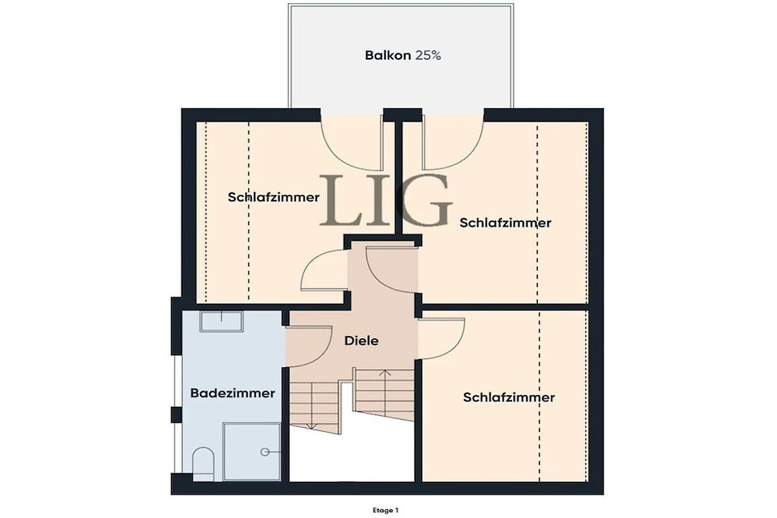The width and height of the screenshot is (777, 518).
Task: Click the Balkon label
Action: tap(388, 56)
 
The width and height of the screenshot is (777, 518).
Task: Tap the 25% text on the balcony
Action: tap(428, 56)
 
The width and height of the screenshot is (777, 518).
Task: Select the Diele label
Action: tap(361, 341)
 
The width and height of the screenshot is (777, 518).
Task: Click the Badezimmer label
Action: tap(232, 393)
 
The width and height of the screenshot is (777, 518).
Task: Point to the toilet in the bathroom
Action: tap(203, 464)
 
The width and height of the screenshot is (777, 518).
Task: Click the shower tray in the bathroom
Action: tap(252, 452)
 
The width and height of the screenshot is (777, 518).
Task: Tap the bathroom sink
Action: tap(221, 321)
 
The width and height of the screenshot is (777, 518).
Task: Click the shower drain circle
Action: tap(265, 452)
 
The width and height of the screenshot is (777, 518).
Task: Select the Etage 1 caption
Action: tap(385, 510)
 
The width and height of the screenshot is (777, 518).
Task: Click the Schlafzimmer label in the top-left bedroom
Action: tap(273, 197)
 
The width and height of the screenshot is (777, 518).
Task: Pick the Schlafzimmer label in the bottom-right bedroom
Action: tap(509, 398)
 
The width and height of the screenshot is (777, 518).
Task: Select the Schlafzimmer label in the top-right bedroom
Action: tap(506, 223)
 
